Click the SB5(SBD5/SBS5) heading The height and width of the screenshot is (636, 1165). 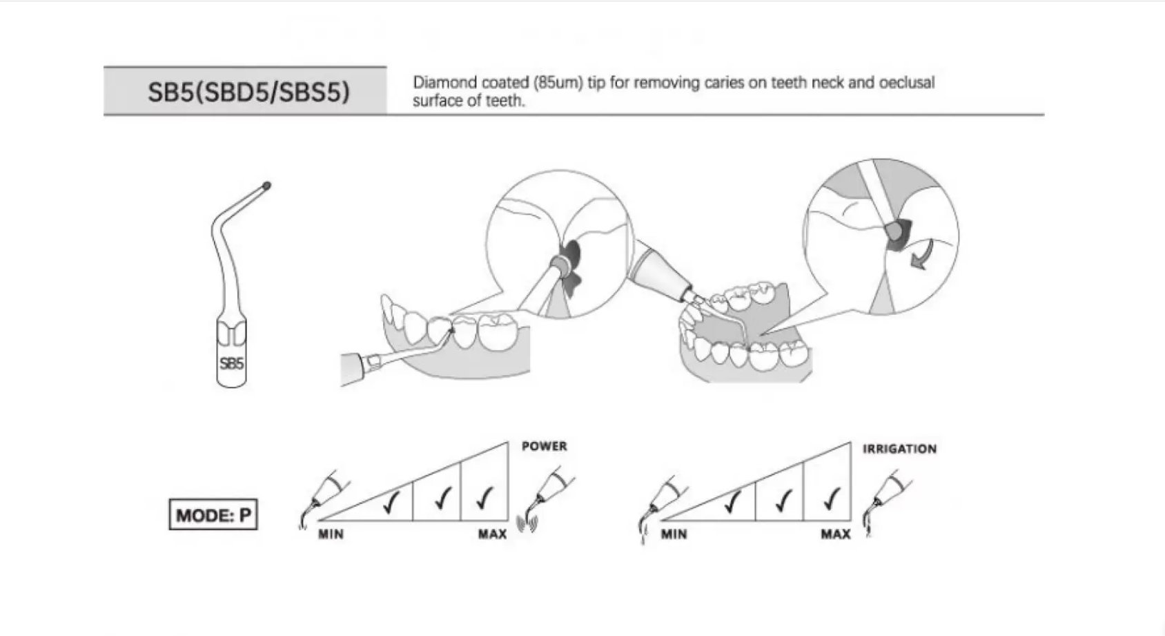tap(248, 92)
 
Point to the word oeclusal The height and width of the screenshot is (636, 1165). tap(906, 83)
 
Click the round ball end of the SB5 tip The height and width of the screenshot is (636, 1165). tap(266, 186)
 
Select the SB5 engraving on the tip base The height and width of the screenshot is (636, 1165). tap(231, 363)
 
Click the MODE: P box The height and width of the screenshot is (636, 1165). tap(213, 515)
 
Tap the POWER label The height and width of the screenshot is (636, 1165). tap(544, 446)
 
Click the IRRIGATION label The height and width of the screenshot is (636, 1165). tap(899, 449)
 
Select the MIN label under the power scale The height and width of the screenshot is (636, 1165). tap(331, 534)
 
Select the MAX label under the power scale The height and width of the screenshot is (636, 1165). tap(492, 534)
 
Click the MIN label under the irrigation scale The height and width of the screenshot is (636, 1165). tap(673, 534)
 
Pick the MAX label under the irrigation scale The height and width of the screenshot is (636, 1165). tap(835, 534)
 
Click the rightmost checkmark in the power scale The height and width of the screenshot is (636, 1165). tap(485, 498)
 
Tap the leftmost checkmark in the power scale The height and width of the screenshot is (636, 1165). tap(392, 501)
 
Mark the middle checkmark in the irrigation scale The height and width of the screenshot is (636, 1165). tap(781, 500)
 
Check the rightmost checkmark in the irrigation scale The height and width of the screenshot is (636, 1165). tap(832, 498)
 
